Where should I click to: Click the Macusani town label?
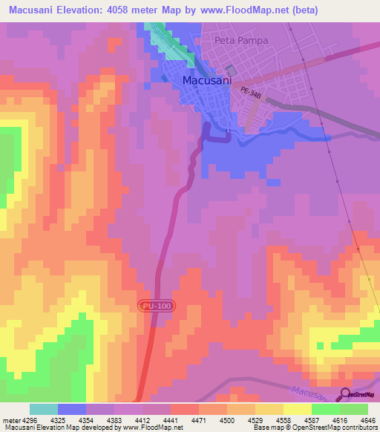tap(206, 79)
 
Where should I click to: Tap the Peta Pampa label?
tap(240, 40)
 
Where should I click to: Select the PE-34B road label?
tap(252, 91)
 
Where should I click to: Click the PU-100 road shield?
tap(154, 306)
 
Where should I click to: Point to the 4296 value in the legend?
tap(25, 420)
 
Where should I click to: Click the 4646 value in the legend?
tap(369, 420)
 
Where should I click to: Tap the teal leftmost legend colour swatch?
tap(44, 409)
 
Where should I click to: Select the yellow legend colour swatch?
tap(297, 409)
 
